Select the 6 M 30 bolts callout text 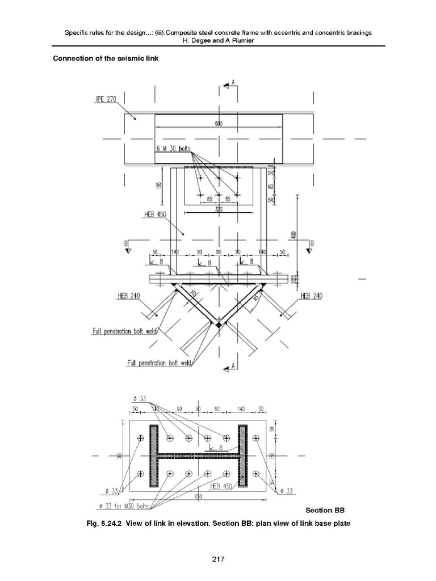click(x=174, y=149)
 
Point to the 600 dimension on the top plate click(x=219, y=124)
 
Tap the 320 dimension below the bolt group click(x=218, y=209)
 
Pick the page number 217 click(x=218, y=559)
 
